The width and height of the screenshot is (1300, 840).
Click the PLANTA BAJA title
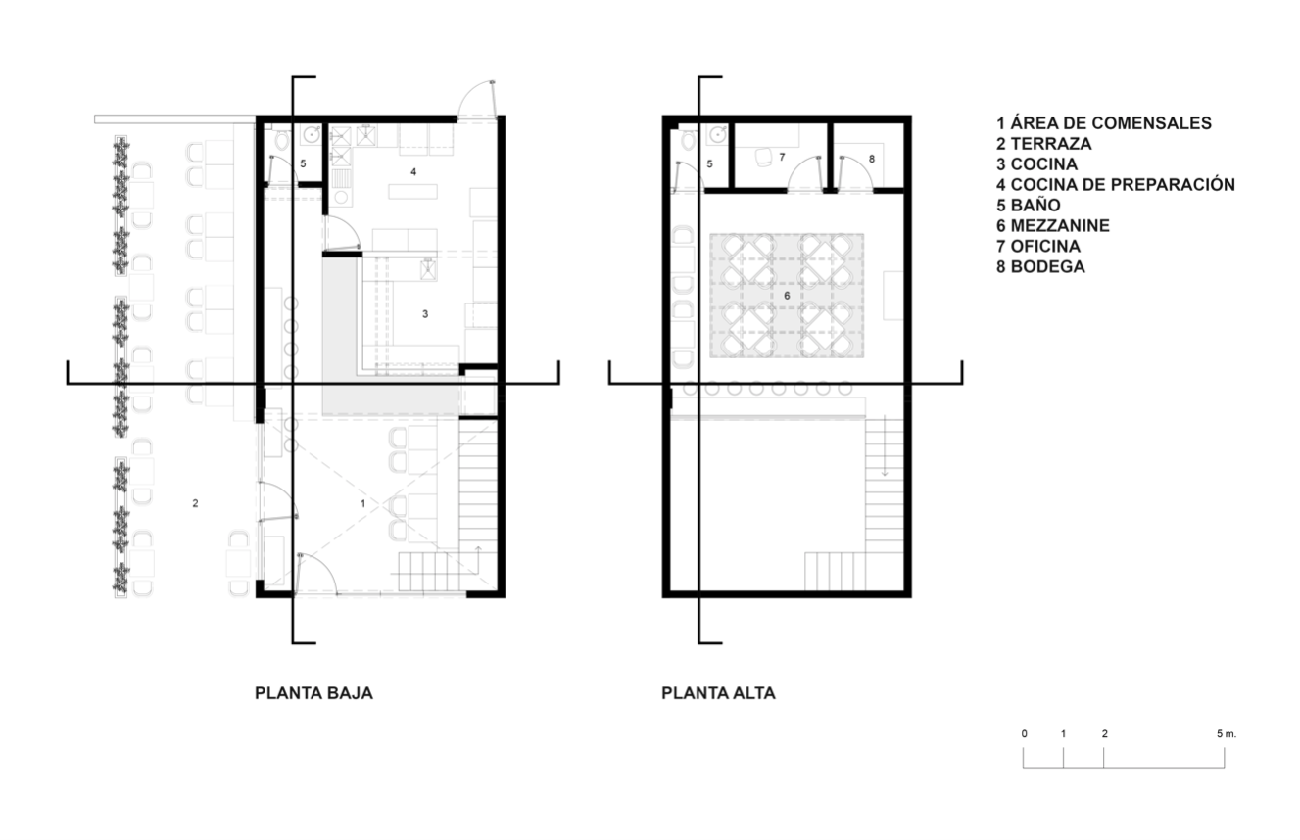tap(313, 693)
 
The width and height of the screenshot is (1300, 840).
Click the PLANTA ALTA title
tap(718, 693)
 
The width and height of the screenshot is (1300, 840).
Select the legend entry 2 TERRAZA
tap(1044, 144)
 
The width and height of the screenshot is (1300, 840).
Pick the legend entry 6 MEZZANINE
tap(1053, 225)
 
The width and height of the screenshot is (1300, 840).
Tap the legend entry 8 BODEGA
tap(1040, 267)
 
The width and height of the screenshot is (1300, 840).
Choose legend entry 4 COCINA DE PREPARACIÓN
tap(1116, 184)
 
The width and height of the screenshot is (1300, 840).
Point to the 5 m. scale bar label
tap(1227, 734)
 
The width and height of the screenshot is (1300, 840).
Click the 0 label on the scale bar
tap(1025, 734)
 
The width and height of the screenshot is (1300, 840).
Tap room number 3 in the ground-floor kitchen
tap(425, 314)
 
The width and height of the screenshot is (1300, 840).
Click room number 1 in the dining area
tap(363, 503)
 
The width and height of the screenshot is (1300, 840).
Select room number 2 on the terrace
tap(196, 503)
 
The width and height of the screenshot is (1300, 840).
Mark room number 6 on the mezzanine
tap(787, 296)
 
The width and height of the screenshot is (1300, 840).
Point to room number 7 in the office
tap(783, 157)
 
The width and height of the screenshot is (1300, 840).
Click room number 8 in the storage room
tap(872, 159)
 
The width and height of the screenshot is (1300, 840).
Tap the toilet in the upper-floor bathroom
tap(689, 140)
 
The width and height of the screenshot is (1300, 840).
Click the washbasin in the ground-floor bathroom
tap(312, 135)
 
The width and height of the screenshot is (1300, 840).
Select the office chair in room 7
tap(762, 158)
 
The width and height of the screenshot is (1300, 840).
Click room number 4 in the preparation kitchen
tap(413, 171)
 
